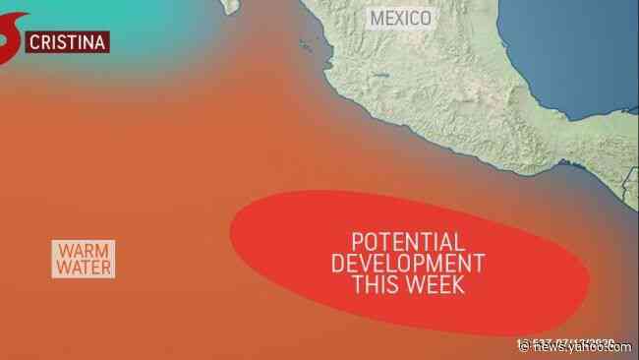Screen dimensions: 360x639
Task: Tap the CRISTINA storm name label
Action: click(66, 41)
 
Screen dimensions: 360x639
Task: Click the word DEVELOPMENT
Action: click(408, 265)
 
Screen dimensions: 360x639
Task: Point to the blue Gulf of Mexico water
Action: click(590, 59)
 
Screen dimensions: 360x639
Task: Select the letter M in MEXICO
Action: click(375, 17)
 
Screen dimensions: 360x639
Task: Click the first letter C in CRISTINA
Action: click(35, 41)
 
